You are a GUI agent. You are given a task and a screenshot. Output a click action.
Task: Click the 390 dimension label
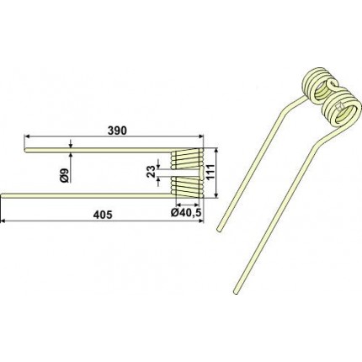pos(117,130)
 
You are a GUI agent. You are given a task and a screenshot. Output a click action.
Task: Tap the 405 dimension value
pos(103,215)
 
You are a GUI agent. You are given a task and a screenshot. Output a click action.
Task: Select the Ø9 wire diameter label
pos(64,176)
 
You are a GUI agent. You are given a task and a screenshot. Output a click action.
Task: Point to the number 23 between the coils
pos(151,172)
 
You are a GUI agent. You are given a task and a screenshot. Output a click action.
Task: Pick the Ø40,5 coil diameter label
pos(186,213)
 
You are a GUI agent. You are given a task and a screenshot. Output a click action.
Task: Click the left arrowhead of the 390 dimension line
pos(27,136)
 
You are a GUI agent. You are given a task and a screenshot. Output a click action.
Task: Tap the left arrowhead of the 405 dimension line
pos(3,221)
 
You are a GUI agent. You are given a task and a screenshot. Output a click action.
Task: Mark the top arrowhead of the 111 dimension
pos(216,151)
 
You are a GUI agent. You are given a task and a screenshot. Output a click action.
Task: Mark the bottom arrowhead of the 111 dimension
pos(216,195)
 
